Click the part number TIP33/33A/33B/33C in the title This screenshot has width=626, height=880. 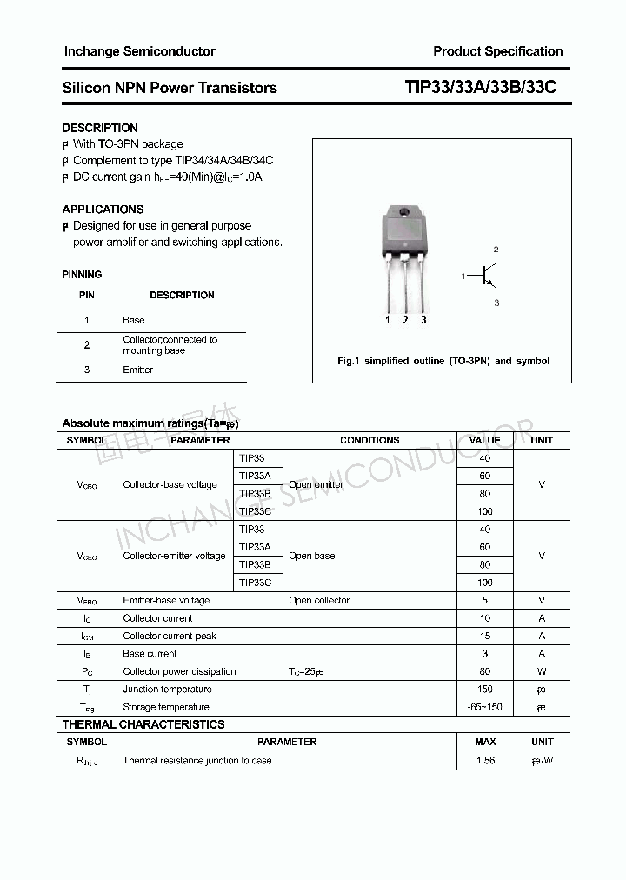point(481,88)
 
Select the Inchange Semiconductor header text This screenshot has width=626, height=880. point(139,51)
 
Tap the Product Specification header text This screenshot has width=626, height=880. point(497,51)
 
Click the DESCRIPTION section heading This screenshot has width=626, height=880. point(100,128)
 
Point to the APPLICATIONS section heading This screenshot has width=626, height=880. point(103,210)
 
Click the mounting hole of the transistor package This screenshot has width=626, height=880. point(404,214)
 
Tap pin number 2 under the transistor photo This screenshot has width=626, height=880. point(405,320)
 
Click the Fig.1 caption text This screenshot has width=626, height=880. point(443,361)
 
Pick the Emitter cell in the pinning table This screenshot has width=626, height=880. point(137,370)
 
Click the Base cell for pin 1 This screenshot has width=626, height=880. point(133,320)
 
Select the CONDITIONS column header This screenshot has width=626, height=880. point(370,440)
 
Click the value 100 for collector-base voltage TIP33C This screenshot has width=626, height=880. point(484,511)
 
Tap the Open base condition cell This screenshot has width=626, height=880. point(312,556)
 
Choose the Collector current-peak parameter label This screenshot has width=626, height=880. point(170,636)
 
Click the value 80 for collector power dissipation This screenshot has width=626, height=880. point(484,671)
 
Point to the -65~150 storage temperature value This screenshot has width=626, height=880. point(484,707)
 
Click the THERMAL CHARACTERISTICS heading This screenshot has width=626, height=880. point(143,724)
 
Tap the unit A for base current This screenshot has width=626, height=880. point(542,654)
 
